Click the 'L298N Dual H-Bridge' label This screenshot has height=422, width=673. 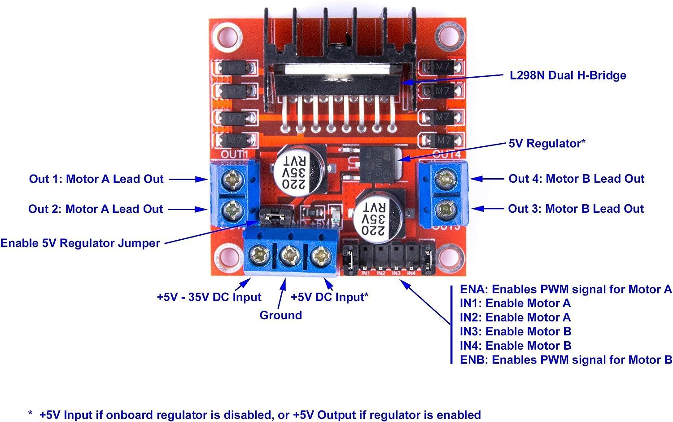coord(568,75)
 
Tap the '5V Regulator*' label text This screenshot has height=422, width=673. coord(547,144)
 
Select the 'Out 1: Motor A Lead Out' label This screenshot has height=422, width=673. coord(96,179)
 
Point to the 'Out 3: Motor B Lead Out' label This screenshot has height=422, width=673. coord(576,209)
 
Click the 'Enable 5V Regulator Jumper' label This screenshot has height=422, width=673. coord(80,243)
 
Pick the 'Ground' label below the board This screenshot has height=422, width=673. coord(280,315)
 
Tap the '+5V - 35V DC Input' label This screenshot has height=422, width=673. coord(209,297)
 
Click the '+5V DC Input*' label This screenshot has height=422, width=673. coord(329,297)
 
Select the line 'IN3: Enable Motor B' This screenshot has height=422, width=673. coord(515,332)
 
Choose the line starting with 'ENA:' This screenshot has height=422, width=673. coord(566,290)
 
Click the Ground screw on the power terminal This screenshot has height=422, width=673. coord(288,256)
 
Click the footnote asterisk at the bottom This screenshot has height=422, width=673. coord(31,413)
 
